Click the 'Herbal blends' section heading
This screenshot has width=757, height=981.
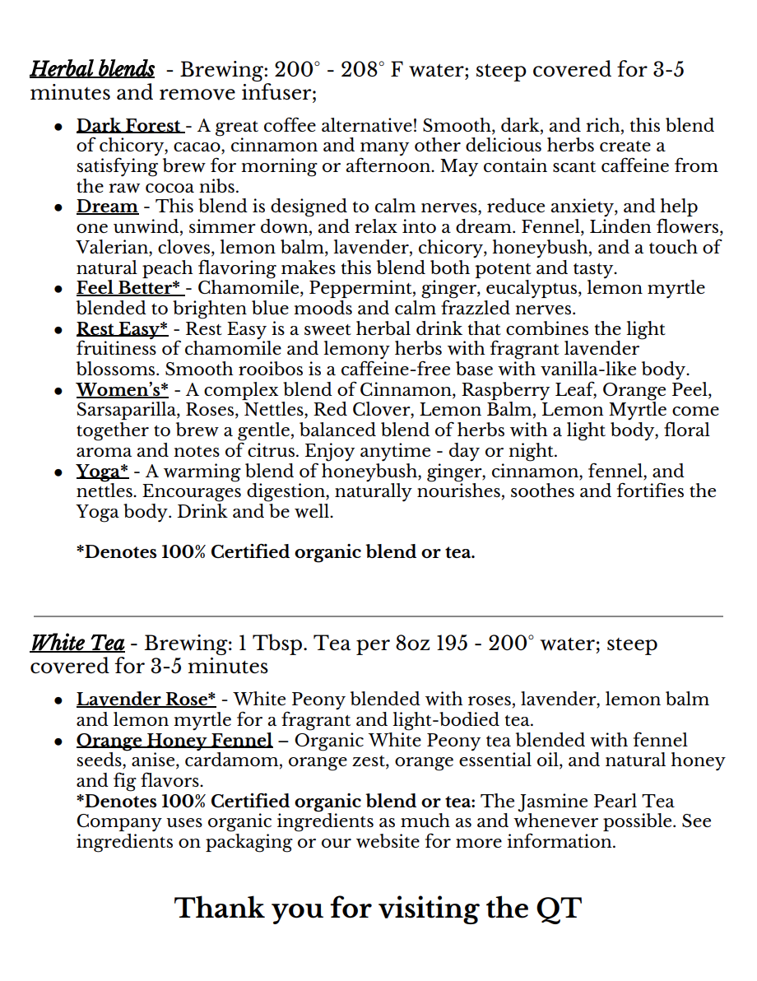click(x=92, y=69)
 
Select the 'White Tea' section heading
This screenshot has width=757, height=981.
click(x=77, y=643)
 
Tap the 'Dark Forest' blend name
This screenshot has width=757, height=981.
click(x=128, y=126)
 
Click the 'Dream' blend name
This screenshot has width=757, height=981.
click(x=107, y=207)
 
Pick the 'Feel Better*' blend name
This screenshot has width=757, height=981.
click(x=129, y=288)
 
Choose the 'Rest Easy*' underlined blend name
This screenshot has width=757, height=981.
click(x=122, y=329)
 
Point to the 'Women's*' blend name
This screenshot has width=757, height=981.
click(x=122, y=390)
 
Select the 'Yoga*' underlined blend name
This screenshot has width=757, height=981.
click(x=102, y=472)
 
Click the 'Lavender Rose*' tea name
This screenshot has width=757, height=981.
click(x=146, y=700)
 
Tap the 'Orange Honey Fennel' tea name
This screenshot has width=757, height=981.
click(x=174, y=741)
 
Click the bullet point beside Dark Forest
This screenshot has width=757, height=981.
click(x=58, y=128)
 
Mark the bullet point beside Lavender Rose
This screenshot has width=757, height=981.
click(x=58, y=701)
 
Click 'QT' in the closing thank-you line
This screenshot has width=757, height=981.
click(x=559, y=909)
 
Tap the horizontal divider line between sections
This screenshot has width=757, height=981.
click(x=378, y=616)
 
